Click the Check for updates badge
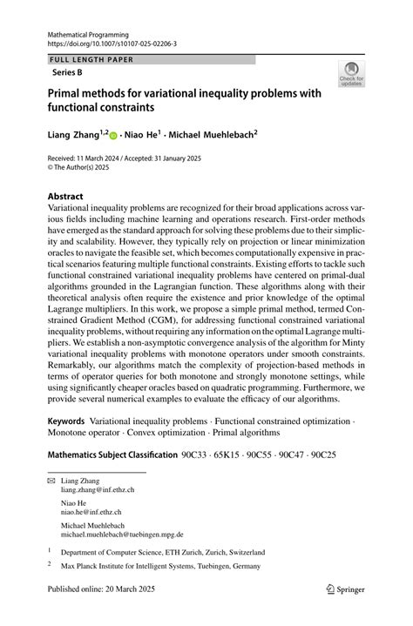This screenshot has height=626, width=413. (x=350, y=76)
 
